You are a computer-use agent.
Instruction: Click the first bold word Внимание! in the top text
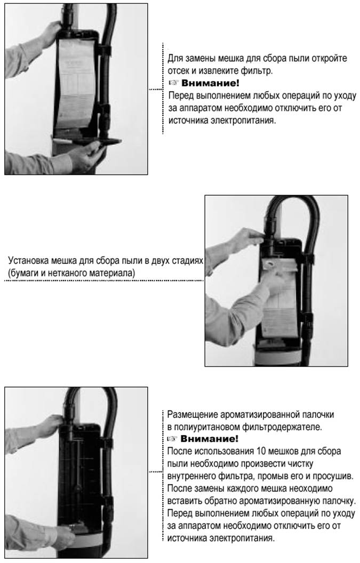pos(210,83)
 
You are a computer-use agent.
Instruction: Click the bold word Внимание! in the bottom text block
pos(209,439)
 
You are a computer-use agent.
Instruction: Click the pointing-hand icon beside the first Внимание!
pos(173,83)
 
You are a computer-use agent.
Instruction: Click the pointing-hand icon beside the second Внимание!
pos(172,439)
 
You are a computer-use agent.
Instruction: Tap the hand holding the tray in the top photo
pos(84,156)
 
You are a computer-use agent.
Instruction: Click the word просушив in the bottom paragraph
pos(333,476)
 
